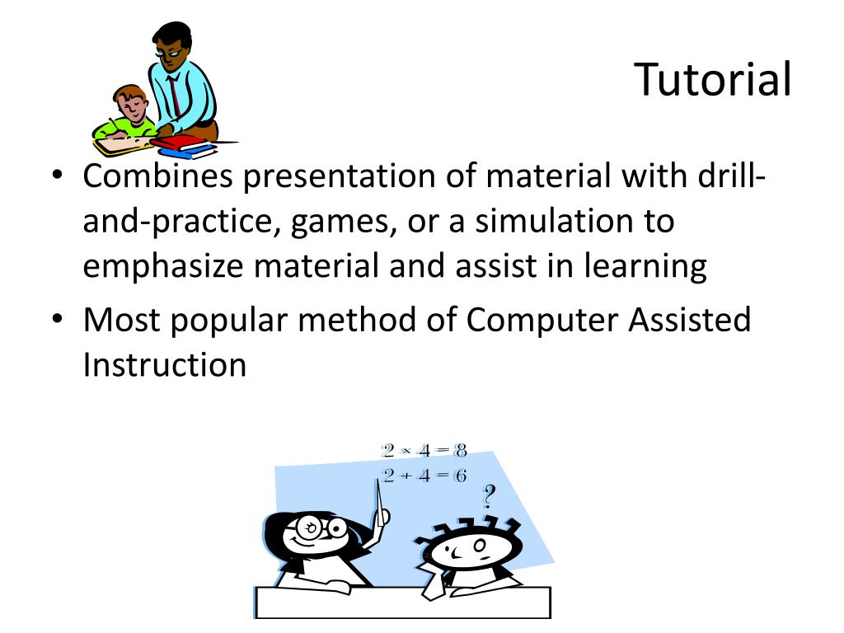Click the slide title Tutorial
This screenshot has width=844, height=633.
pyautogui.click(x=713, y=80)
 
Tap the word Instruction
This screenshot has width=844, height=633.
pyautogui.click(x=164, y=363)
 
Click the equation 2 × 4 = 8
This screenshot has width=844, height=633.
pyautogui.click(x=424, y=451)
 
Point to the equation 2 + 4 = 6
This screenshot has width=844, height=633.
pyautogui.click(x=424, y=476)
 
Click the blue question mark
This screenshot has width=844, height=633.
pyautogui.click(x=490, y=496)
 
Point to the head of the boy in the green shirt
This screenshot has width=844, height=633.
pyautogui.click(x=130, y=102)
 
